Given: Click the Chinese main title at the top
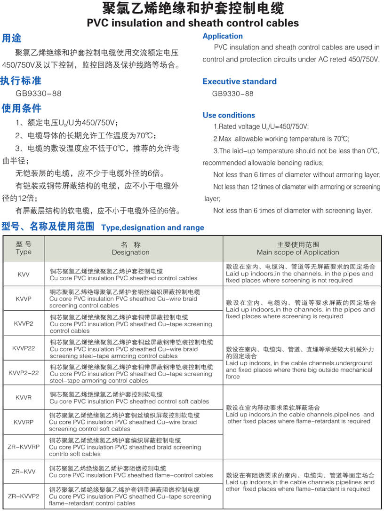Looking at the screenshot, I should coord(192,8).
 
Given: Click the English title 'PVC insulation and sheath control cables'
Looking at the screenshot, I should coord(192,23).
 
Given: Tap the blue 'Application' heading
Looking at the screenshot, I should coord(223,36).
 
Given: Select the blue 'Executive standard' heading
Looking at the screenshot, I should coord(240,81).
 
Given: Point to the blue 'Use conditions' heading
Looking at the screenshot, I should coord(229,115).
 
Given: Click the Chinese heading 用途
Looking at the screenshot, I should coord(12,38).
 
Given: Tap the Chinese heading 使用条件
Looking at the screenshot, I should coord(21,108).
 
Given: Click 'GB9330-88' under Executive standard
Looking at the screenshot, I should coord(232,94).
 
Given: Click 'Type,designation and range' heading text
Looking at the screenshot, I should coord(152,228).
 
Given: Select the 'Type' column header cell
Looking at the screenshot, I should coord(24,248).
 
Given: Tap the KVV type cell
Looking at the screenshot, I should coord(24,274).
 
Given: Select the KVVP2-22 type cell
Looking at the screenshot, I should coord(24,372).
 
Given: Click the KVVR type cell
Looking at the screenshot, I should coord(24,397).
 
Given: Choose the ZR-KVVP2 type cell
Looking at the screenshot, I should coord(24,496).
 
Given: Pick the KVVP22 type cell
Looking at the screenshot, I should coord(24,348).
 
